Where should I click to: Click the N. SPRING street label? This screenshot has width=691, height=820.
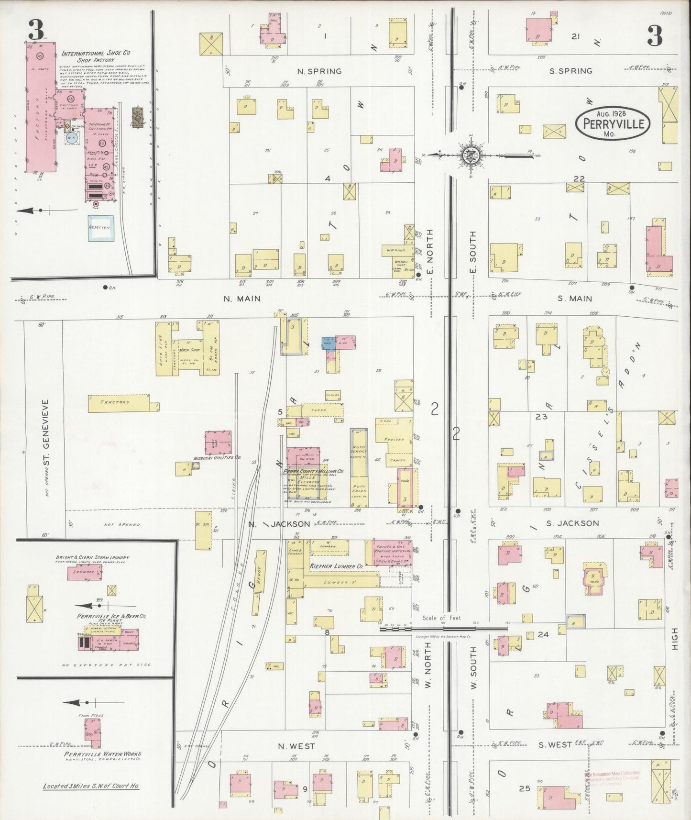pyautogui.click(x=319, y=71)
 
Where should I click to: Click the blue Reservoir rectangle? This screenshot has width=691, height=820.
pyautogui.click(x=99, y=227)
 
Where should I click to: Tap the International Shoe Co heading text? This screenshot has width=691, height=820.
pyautogui.click(x=96, y=54)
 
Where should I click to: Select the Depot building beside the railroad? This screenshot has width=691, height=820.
pyautogui.click(x=261, y=572)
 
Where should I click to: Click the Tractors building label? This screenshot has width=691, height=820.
pyautogui.click(x=115, y=402)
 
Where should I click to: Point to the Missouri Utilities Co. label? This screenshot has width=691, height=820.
pyautogui.click(x=217, y=458)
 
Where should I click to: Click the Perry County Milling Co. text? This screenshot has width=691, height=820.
pyautogui.click(x=314, y=471)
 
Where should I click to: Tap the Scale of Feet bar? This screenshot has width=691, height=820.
pyautogui.click(x=444, y=629)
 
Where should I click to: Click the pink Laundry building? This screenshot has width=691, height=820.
pyautogui.click(x=84, y=572)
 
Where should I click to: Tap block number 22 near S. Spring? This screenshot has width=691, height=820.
pyautogui.click(x=579, y=178)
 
